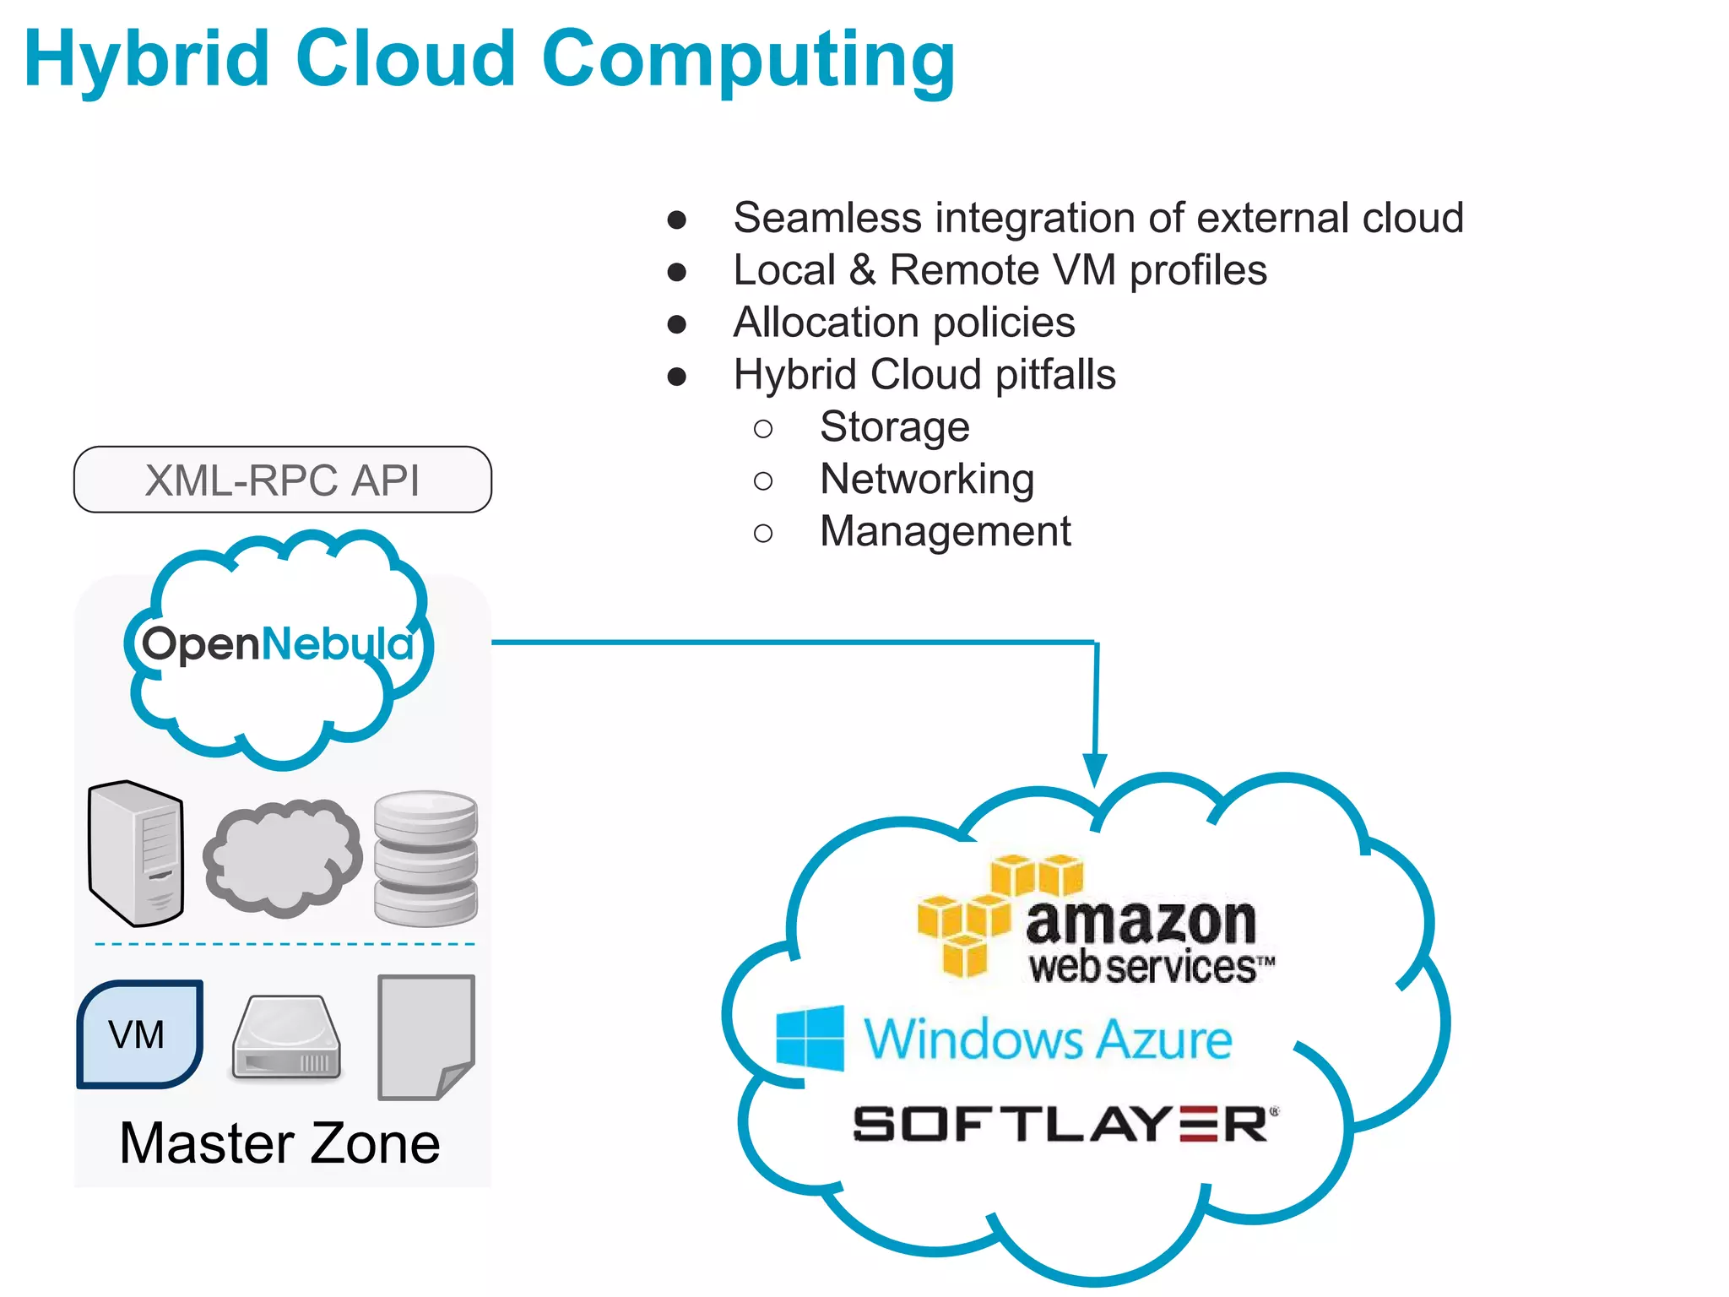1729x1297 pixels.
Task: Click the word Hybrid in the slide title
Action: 147,59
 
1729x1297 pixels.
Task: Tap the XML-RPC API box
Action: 282,480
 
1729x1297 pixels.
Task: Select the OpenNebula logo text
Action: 277,644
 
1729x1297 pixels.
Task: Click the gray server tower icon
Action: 136,853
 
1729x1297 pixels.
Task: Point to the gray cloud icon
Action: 282,858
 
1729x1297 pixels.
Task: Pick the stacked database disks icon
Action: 425,856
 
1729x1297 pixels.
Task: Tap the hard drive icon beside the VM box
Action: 286,1039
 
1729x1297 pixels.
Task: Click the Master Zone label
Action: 279,1143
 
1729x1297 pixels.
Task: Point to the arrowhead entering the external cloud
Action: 1095,768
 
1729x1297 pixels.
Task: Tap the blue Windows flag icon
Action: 810,1038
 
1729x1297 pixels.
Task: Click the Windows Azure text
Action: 1047,1039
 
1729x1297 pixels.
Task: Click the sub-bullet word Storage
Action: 894,426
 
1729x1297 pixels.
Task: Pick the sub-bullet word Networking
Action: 926,479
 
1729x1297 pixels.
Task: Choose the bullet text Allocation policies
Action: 903,323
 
